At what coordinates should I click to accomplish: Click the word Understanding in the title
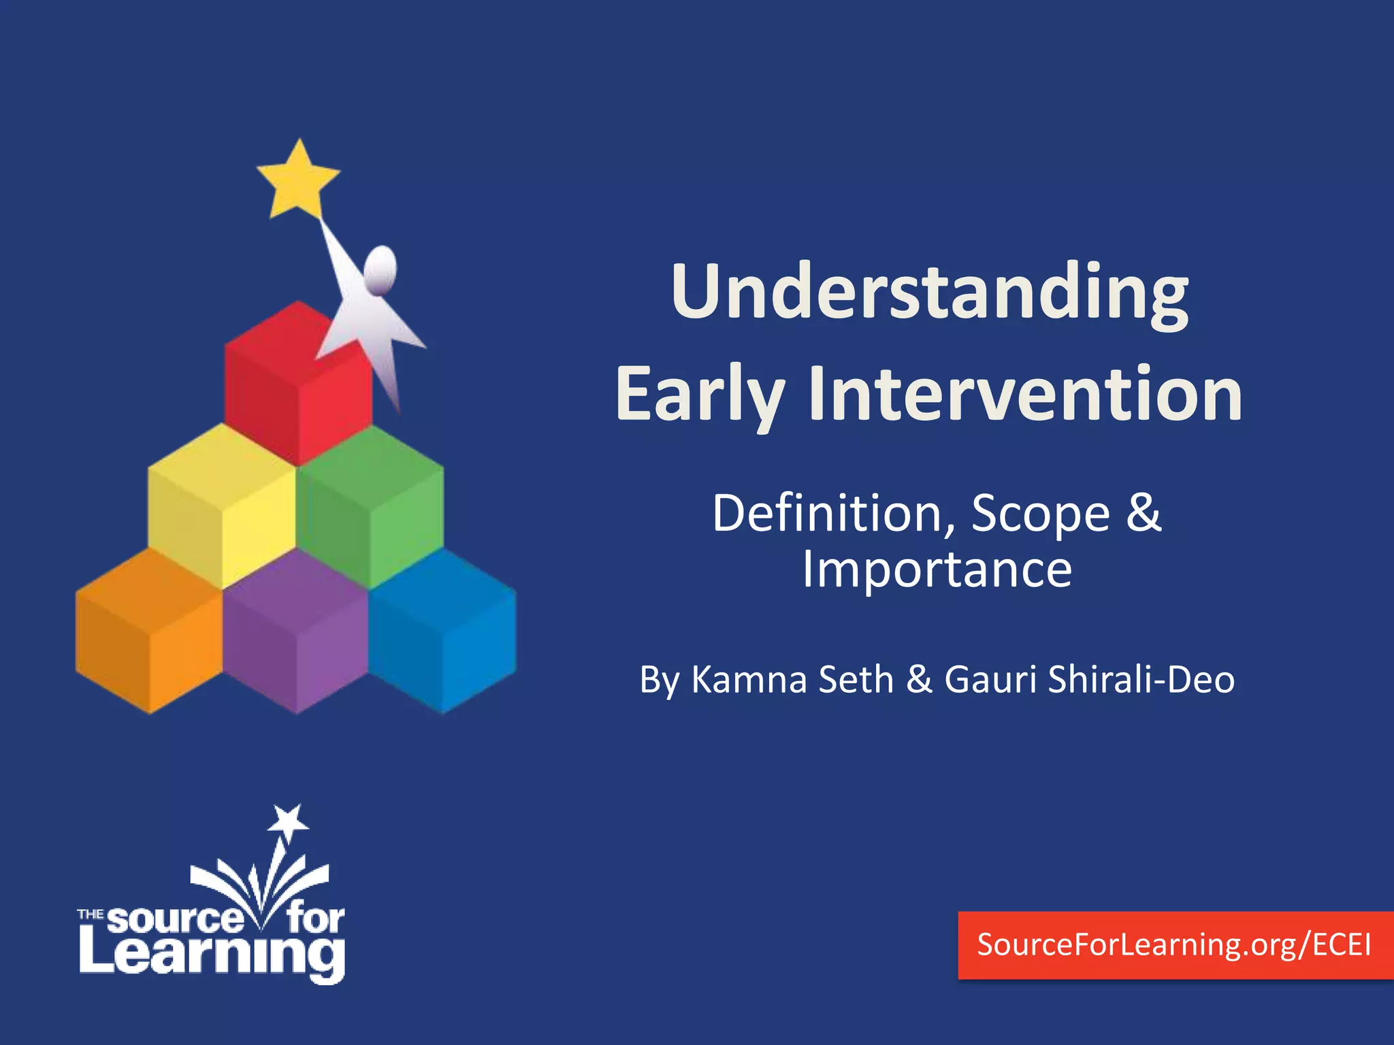click(929, 293)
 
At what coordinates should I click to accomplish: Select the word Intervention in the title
click(1025, 395)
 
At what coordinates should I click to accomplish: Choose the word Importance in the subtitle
click(937, 569)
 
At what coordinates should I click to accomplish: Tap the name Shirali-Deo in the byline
click(1141, 679)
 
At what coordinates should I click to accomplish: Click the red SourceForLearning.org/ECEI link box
click(1175, 945)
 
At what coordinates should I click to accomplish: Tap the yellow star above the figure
click(298, 180)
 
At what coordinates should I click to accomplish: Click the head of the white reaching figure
click(380, 269)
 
